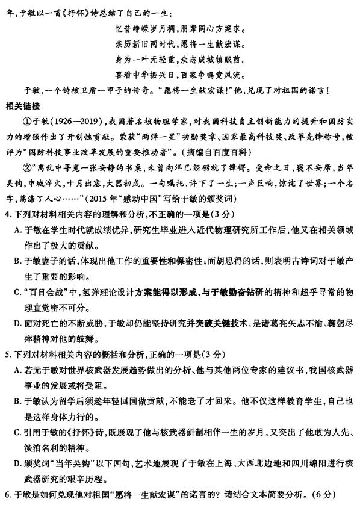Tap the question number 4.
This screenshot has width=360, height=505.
pos(7,214)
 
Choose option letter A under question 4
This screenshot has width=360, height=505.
pos(17,229)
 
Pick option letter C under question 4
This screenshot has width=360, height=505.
pos(17,292)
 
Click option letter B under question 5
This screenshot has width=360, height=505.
pos(17,400)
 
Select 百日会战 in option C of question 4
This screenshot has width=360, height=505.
pos(44,292)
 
